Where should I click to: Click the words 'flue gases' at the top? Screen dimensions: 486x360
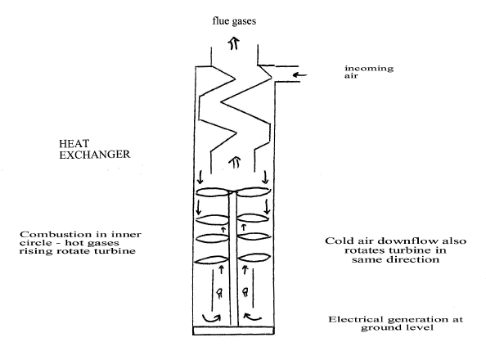(x=234, y=21)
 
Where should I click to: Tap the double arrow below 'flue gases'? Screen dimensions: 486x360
(x=234, y=43)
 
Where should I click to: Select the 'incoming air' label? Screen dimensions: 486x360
(x=369, y=72)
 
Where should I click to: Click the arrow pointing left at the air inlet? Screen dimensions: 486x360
(x=299, y=74)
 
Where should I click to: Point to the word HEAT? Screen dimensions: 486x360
(x=74, y=143)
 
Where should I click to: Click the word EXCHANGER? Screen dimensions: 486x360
(x=95, y=155)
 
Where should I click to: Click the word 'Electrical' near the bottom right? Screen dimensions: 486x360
(x=356, y=319)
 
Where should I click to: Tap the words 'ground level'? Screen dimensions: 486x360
(x=397, y=327)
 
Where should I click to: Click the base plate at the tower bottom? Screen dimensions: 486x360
(x=233, y=331)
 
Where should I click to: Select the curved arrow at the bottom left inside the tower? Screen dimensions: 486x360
(x=211, y=318)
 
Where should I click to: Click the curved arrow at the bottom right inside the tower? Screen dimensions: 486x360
(x=253, y=317)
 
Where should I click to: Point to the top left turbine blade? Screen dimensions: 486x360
(x=213, y=192)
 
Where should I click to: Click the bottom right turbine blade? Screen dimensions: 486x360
(x=254, y=258)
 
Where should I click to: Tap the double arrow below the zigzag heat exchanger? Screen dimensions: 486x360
(x=235, y=162)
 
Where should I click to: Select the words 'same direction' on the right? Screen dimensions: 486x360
(x=395, y=259)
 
